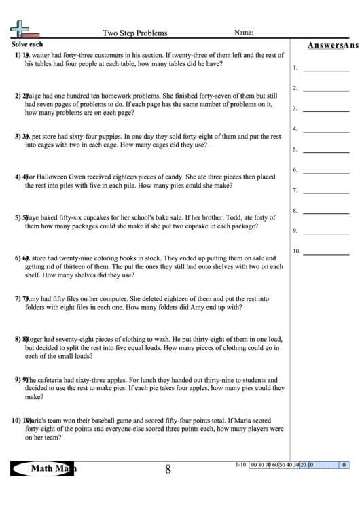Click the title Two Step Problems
[x=134, y=33]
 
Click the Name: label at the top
[x=244, y=32]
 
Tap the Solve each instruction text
[x=27, y=44]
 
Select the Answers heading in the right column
[x=325, y=46]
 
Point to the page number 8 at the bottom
[x=167, y=469]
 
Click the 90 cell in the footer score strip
[x=254, y=466]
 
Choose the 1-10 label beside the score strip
[x=240, y=466]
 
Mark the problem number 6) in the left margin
[x=17, y=259]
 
